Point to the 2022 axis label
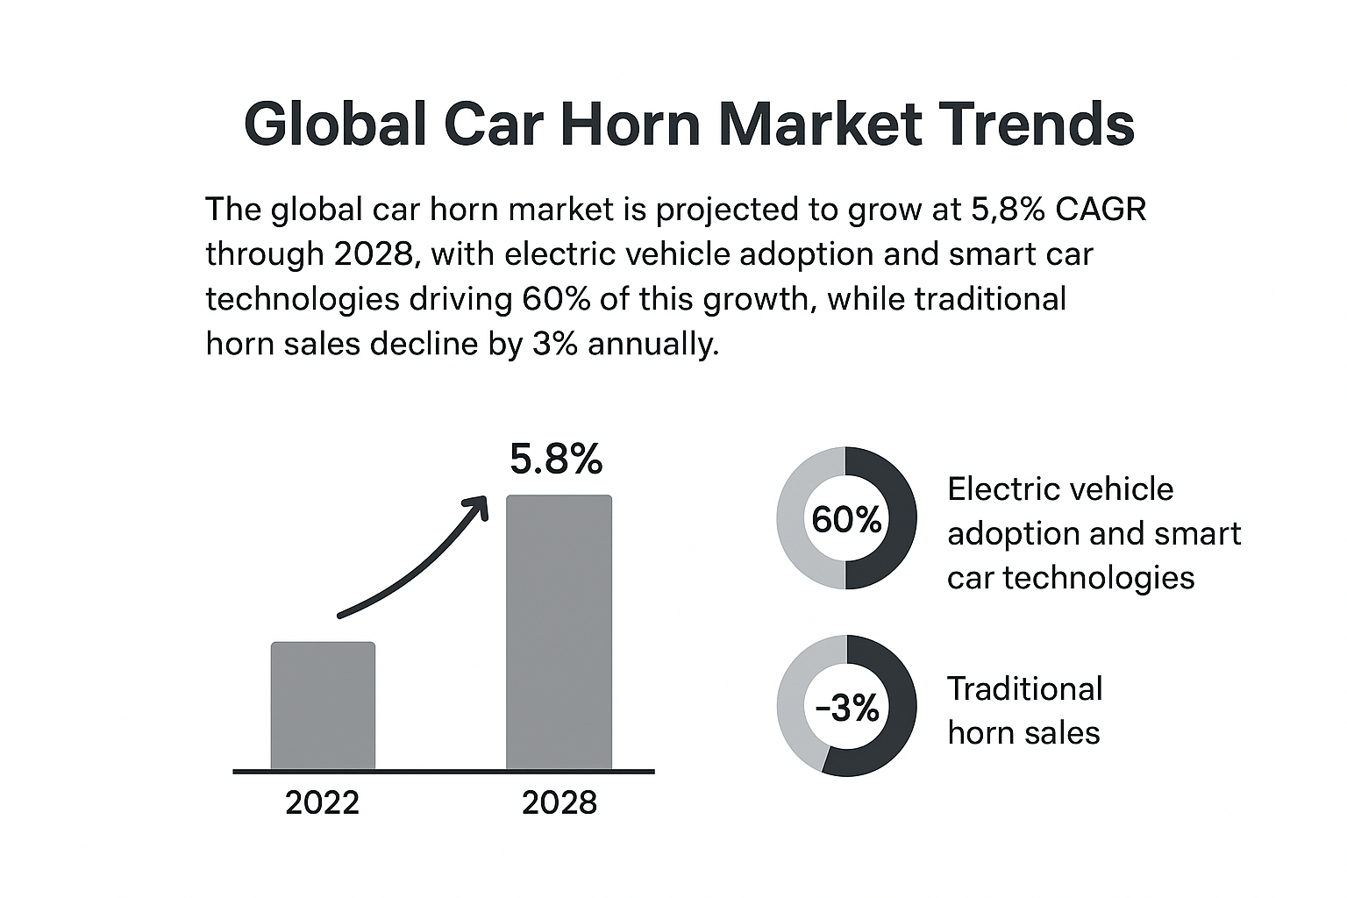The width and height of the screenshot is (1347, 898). (x=322, y=802)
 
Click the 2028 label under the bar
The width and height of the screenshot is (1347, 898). (x=559, y=802)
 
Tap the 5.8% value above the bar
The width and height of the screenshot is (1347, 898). (x=556, y=460)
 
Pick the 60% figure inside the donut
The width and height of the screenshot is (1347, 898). (x=846, y=519)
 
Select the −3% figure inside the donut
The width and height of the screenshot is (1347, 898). (x=846, y=707)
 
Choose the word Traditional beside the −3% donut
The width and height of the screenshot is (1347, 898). (x=1024, y=688)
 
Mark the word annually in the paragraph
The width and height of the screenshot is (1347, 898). (x=652, y=344)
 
